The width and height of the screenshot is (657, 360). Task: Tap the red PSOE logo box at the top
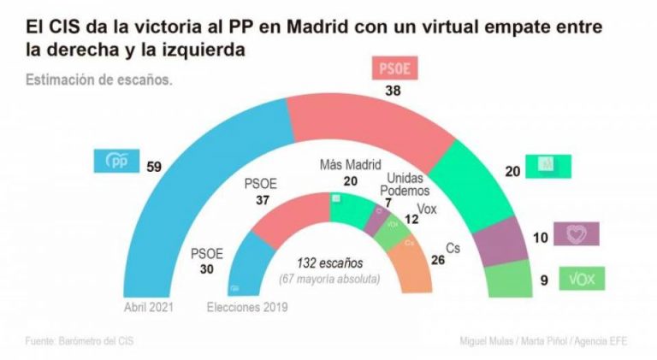(394, 68)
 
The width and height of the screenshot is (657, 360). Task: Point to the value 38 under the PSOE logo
(394, 91)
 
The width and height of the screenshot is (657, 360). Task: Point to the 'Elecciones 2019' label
(248, 307)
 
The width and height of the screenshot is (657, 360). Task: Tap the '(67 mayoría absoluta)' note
(329, 279)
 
